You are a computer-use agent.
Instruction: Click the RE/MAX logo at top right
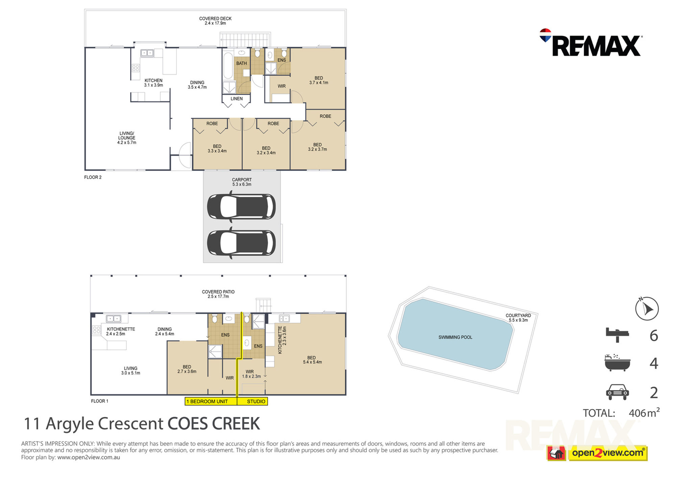click(x=591, y=43)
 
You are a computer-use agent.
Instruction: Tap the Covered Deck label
click(x=215, y=19)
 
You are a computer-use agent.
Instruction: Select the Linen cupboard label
click(x=237, y=99)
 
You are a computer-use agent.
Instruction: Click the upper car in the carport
click(x=241, y=206)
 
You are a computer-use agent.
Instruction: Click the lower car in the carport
click(x=241, y=243)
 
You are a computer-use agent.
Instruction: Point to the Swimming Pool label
click(x=455, y=337)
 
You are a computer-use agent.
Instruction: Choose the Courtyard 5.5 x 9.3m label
click(x=518, y=318)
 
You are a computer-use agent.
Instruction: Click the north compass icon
click(x=647, y=309)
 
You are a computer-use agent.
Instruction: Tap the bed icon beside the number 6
click(x=617, y=335)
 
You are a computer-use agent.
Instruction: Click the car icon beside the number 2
click(x=618, y=392)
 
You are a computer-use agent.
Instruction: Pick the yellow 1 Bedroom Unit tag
click(x=211, y=401)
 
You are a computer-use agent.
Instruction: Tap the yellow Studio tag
click(x=252, y=401)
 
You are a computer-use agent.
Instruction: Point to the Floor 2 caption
click(x=93, y=177)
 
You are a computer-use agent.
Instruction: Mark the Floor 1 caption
click(x=100, y=401)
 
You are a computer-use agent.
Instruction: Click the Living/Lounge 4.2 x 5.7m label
click(x=127, y=138)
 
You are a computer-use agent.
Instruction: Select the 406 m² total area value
click(x=644, y=412)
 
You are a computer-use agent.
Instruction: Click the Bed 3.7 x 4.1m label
click(x=319, y=80)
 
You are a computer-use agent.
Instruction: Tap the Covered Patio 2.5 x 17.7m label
click(x=218, y=294)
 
